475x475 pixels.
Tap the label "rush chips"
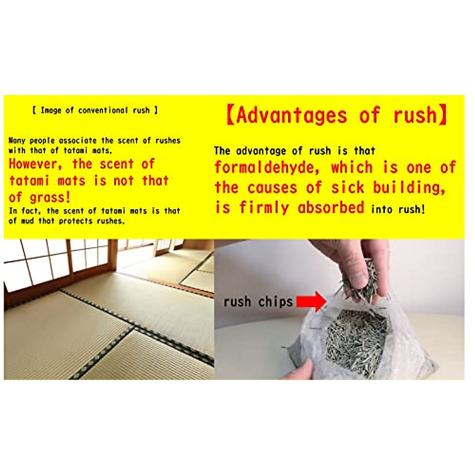coord(258,302)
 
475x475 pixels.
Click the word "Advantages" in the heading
coord(292,115)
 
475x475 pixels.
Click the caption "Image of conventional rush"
coord(95,110)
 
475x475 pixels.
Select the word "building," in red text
coord(409,188)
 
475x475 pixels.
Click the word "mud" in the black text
coord(27,221)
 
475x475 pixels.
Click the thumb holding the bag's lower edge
coord(299,372)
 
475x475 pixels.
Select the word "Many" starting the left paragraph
coord(17,141)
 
